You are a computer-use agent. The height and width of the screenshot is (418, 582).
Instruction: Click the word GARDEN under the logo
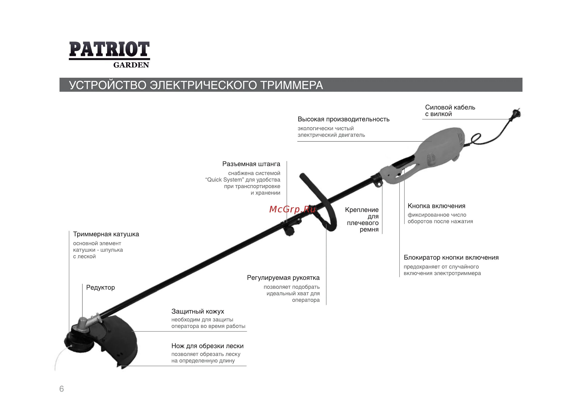[131, 65]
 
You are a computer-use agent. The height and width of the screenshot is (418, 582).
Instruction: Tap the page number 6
[62, 389]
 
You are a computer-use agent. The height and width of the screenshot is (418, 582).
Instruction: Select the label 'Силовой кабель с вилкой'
[450, 111]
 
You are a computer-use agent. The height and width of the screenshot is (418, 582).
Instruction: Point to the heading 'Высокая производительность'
[343, 119]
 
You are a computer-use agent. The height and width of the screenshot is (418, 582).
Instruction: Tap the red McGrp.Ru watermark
[292, 209]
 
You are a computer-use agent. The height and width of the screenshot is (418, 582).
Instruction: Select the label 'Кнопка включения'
[436, 206]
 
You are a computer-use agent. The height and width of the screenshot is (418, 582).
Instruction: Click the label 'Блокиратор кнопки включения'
[451, 258]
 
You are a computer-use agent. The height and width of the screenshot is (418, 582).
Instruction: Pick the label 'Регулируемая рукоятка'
[283, 278]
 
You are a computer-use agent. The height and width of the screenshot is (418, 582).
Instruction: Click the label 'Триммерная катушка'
[106, 234]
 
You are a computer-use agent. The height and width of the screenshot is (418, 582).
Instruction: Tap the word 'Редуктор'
[100, 287]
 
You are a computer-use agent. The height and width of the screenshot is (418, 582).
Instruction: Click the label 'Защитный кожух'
[198, 312]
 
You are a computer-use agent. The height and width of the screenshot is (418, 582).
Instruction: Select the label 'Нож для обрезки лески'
[207, 346]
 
